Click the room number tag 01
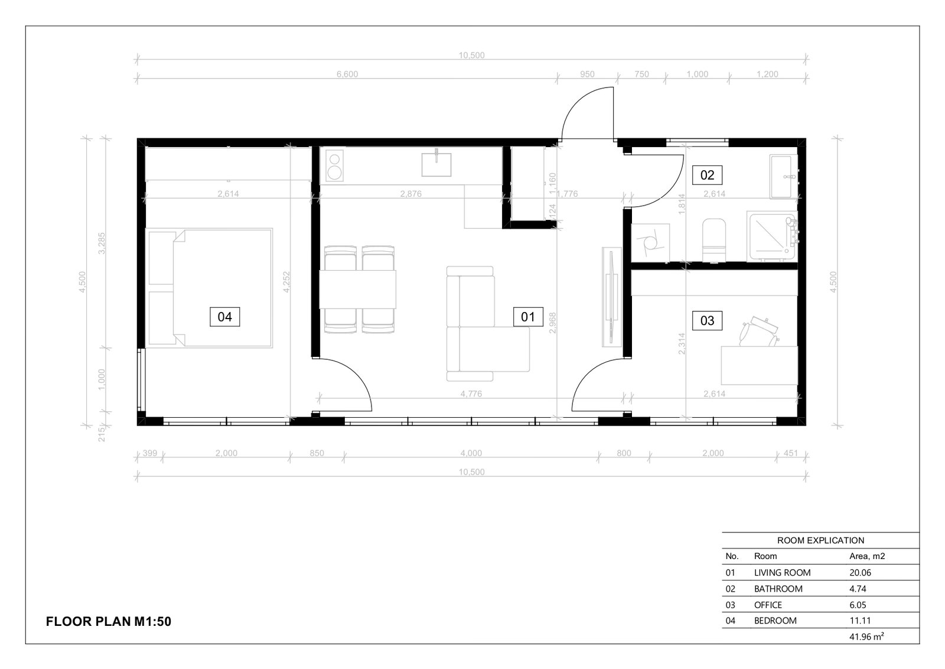528,317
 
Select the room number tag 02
707,175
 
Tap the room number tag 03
707,320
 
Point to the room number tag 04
225,317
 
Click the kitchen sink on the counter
436,164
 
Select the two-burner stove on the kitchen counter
334,166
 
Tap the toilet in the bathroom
714,240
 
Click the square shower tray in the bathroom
771,236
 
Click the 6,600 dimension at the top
347,74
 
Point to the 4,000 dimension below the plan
471,453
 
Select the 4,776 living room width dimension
471,394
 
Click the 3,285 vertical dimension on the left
102,243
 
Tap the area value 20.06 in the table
860,573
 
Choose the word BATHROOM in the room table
778,589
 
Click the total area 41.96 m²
866,636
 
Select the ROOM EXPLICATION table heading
820,540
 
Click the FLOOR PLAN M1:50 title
109,621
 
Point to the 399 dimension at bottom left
150,453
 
